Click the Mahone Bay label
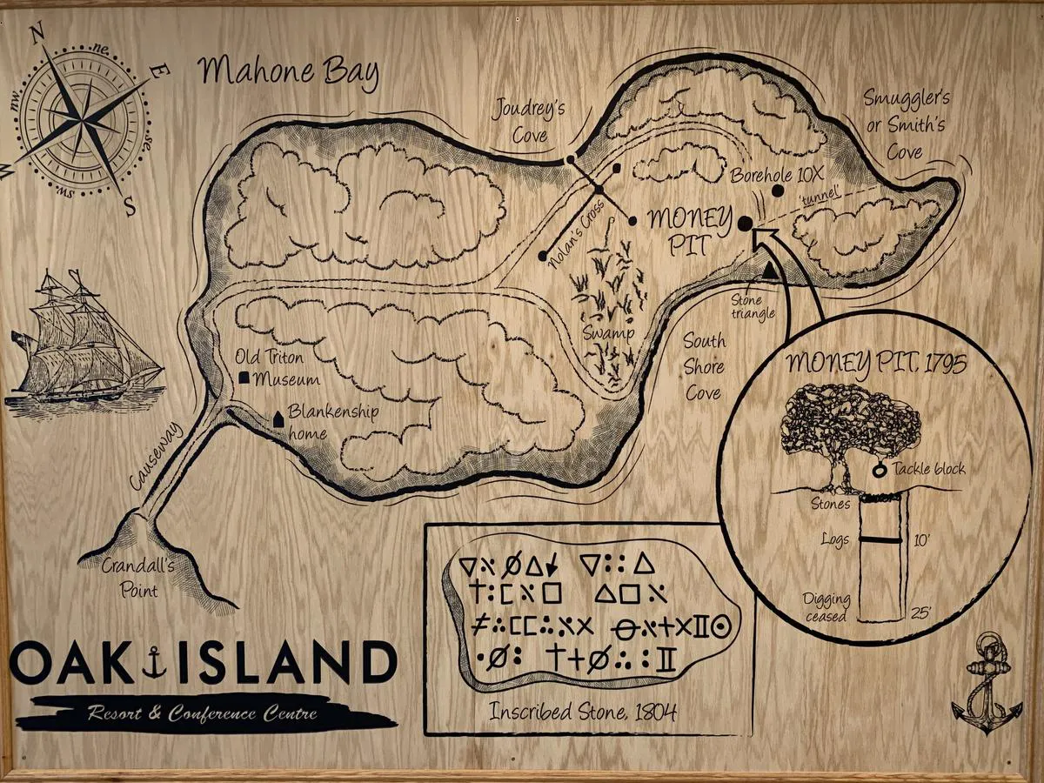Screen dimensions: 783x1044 click(x=288, y=72)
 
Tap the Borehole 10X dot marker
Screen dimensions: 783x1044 click(x=777, y=191)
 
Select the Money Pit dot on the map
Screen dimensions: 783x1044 click(x=745, y=224)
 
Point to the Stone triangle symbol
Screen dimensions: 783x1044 click(x=770, y=271)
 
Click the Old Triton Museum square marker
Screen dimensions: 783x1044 click(x=245, y=378)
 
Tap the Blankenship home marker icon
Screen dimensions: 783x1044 click(x=278, y=419)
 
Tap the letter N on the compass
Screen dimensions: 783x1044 click(x=37, y=34)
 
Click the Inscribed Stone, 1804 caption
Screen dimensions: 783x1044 click(x=582, y=713)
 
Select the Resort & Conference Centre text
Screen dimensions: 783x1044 click(x=201, y=714)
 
